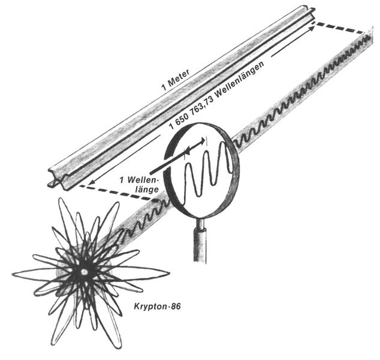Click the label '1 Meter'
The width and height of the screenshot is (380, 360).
coord(176,80)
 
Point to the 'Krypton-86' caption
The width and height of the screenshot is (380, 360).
coord(157,307)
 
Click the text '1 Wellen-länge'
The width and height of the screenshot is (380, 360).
coord(140,184)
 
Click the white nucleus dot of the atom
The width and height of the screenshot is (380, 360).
coord(84,271)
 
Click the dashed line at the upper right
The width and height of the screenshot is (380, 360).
coord(340,28)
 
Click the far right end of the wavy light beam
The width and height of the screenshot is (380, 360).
coord(369,37)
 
